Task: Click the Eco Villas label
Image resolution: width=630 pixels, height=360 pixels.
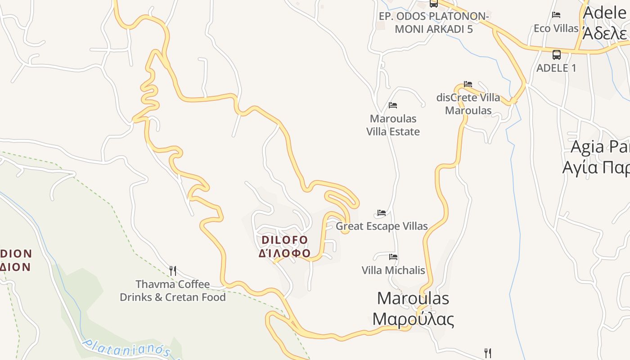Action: (556, 28)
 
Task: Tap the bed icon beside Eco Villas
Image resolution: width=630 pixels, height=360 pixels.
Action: (556, 15)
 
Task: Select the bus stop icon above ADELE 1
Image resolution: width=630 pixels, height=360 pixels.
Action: (557, 55)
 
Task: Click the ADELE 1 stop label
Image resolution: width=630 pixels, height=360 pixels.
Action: (556, 68)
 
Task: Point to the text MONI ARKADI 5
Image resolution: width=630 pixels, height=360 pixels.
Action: (433, 29)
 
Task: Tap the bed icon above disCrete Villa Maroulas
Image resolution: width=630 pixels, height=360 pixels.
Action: (468, 84)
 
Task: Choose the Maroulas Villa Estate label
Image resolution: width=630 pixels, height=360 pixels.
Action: (393, 125)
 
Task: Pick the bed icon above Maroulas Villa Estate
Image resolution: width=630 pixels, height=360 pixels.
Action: (393, 105)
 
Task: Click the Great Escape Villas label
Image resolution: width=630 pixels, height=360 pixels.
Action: (382, 226)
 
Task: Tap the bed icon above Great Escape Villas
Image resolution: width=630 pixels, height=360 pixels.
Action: (382, 213)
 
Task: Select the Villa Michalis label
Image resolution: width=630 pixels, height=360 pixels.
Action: (393, 270)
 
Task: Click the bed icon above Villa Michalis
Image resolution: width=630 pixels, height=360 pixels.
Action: (393, 257)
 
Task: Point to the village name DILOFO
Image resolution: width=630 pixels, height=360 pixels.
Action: (285, 240)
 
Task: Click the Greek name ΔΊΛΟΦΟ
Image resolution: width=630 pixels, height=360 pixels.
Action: (284, 253)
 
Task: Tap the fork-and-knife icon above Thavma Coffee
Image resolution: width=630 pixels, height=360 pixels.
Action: (173, 270)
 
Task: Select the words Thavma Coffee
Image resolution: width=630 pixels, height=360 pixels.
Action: (173, 284)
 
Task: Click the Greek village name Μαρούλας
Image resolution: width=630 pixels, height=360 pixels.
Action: (413, 319)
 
